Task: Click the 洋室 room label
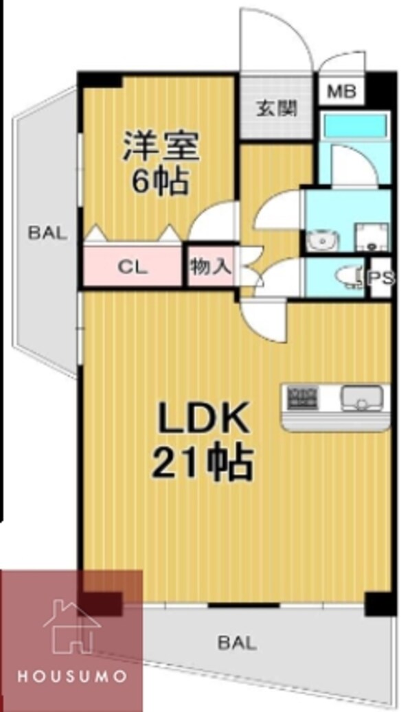161,147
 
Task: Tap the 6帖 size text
161,182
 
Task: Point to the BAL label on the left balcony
47,233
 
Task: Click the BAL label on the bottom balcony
238,643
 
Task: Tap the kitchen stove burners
301,397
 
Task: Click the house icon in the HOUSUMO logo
69,624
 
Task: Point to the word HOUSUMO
71,676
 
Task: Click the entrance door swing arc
275,38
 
